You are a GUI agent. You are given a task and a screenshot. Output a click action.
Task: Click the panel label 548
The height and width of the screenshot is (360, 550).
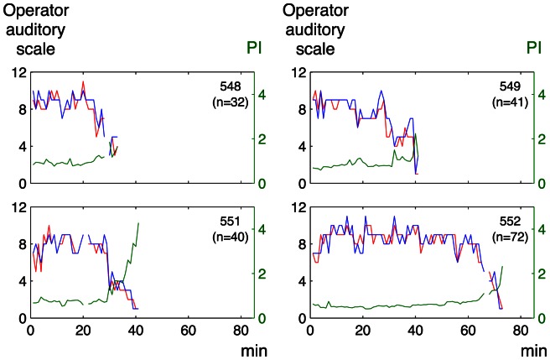[x=231, y=86]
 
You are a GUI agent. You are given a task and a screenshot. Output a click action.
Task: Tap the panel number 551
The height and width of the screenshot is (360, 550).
[x=231, y=220]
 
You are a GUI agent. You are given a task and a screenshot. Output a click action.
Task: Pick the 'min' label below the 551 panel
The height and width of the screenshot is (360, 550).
[x=241, y=347]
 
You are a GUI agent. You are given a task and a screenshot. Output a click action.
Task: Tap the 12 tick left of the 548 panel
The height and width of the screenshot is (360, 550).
[x=15, y=73]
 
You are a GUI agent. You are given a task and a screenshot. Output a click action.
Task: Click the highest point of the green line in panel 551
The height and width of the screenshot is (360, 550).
[x=138, y=223]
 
